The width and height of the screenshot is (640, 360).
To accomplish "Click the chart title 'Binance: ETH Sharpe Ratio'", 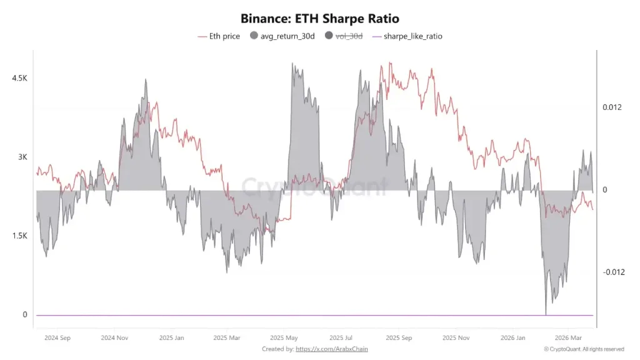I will pyautogui.click(x=319, y=19).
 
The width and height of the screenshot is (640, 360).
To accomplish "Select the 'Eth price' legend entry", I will pyautogui.click(x=219, y=36).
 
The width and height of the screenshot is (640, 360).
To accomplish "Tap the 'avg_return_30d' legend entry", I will pyautogui.click(x=285, y=36).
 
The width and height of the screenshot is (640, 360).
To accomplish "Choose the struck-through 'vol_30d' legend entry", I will pyautogui.click(x=347, y=36).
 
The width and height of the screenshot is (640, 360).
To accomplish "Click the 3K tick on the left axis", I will pyautogui.click(x=22, y=157).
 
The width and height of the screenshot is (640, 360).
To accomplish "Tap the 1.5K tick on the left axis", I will pyautogui.click(x=20, y=236).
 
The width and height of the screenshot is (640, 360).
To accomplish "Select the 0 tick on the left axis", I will pyautogui.click(x=25, y=314).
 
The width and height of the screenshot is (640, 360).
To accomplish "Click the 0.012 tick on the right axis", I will pyautogui.click(x=612, y=107).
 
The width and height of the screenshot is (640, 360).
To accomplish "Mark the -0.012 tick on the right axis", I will pyautogui.click(x=614, y=272).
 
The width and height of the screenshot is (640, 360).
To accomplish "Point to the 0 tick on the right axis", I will pyautogui.click(x=605, y=190).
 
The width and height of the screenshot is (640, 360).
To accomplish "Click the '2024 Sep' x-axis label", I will pyautogui.click(x=57, y=337).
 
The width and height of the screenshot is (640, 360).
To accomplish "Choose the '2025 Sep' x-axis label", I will pyautogui.click(x=398, y=337).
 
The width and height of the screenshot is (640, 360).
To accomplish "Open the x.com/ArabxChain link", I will pyautogui.click(x=331, y=349).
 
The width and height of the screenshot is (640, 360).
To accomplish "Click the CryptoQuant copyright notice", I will pyautogui.click(x=584, y=349).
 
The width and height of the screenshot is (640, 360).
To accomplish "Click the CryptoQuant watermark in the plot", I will pyautogui.click(x=314, y=186).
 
